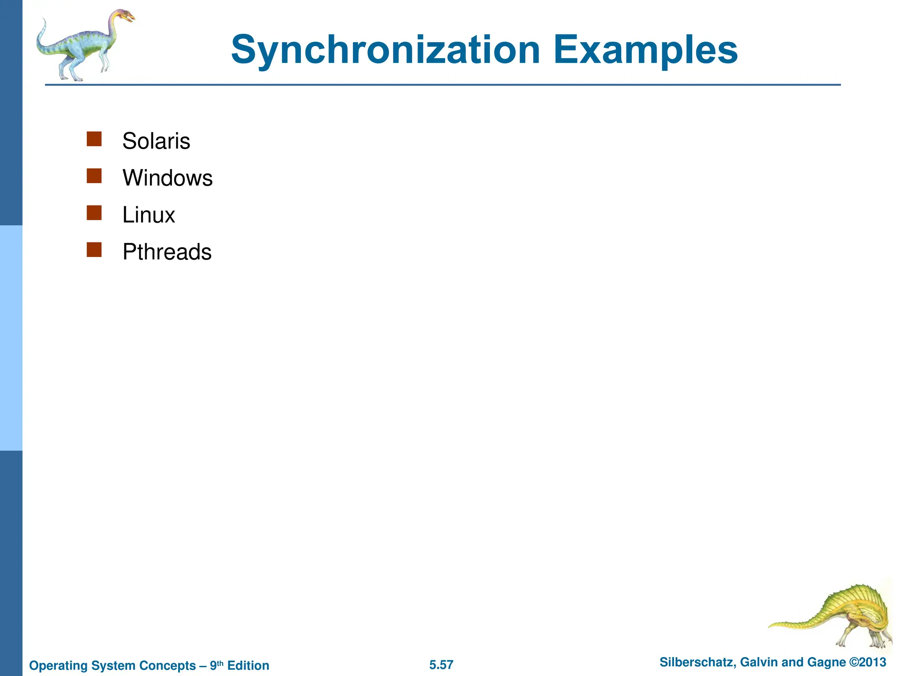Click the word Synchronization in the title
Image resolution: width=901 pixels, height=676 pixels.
coord(385,50)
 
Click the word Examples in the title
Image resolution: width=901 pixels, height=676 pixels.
coord(645,50)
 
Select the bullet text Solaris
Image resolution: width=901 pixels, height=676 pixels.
coord(156,141)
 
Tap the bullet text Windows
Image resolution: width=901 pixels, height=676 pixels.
coord(168,178)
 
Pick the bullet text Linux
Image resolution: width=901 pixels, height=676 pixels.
coord(149,215)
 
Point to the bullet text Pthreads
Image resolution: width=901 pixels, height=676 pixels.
coord(167,252)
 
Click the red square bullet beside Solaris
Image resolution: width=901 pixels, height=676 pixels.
coord(94,139)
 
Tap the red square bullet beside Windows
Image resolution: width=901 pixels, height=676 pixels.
coord(94,176)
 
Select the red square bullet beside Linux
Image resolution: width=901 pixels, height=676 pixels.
coord(94,213)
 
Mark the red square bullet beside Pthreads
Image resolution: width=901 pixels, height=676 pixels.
coord(94,250)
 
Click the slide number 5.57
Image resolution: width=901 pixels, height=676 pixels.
coord(441,665)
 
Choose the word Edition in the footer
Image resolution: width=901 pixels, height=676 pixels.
coord(248,665)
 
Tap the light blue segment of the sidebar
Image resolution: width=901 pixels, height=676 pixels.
coord(11,338)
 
